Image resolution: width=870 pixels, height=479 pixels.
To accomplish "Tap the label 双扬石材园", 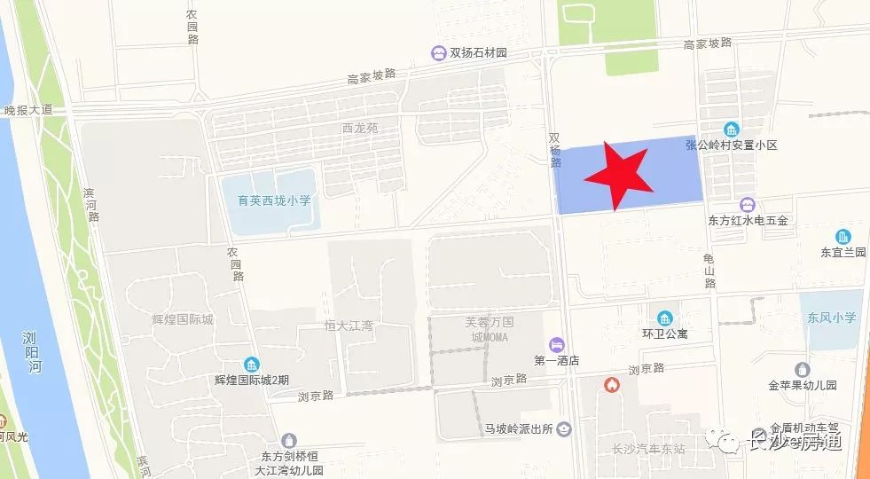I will point(477,53).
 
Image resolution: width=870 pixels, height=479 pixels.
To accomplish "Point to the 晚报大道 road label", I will point(28,110).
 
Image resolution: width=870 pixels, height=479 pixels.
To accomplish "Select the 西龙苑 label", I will point(360,128).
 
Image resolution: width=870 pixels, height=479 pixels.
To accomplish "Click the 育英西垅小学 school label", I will point(268,201).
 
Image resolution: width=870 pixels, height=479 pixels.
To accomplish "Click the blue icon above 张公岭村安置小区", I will point(732,130).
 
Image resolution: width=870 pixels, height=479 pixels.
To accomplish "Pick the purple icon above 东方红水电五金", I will point(748,205).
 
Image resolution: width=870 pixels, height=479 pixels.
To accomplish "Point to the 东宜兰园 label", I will point(843,252).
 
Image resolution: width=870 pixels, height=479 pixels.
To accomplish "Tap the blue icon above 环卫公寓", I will point(664,318).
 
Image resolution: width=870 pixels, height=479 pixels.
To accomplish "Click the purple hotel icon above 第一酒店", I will point(556,344).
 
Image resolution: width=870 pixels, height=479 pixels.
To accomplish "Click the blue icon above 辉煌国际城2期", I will point(253,365).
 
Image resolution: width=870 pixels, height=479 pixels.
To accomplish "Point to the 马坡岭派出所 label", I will point(518,429).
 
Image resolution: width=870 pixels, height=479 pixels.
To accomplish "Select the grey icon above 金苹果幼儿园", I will point(803,369).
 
